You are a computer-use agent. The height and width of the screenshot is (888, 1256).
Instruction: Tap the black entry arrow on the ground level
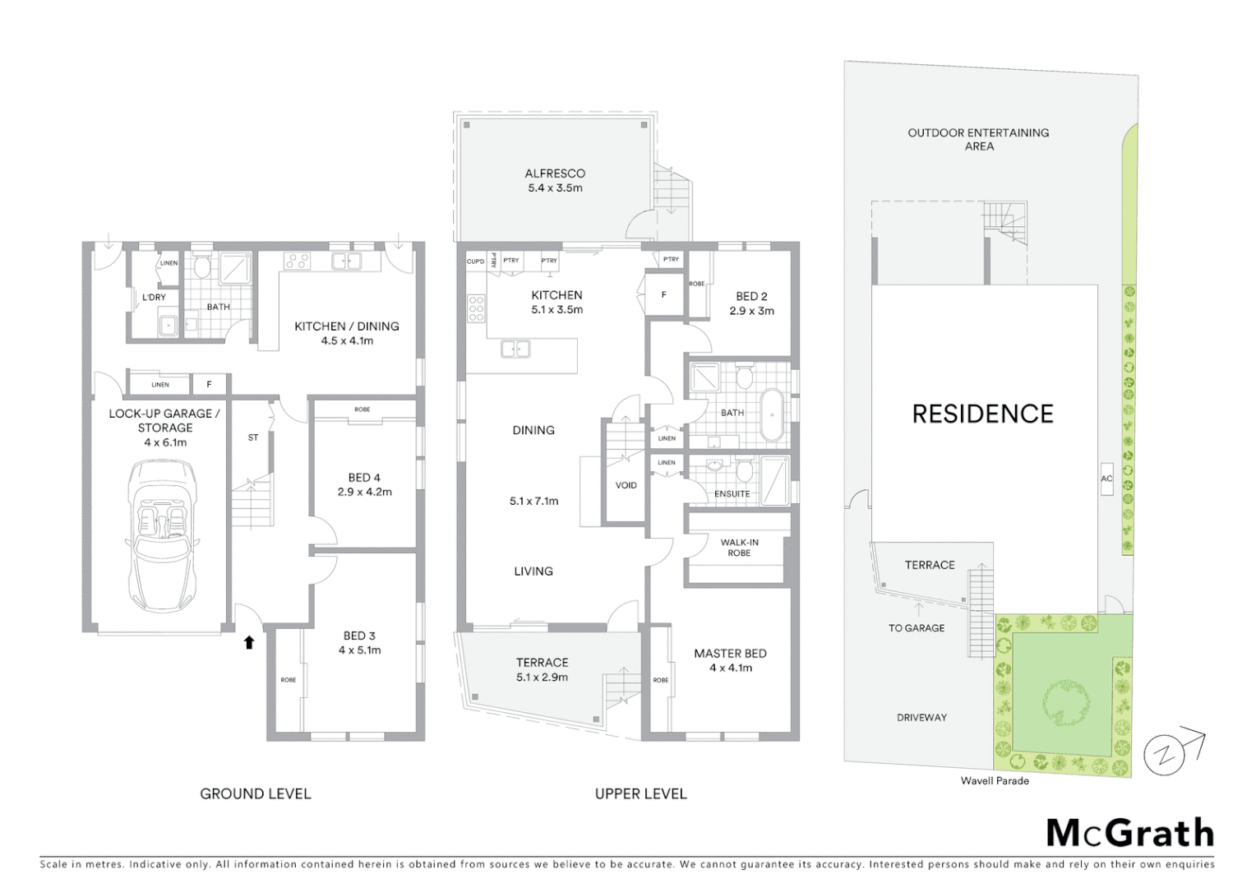point(248,641)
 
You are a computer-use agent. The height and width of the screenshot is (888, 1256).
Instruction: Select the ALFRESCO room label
point(555,173)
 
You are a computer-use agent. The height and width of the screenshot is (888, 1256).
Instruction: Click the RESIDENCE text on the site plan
point(982,414)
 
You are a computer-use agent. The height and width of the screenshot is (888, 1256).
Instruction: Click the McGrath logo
point(1129,833)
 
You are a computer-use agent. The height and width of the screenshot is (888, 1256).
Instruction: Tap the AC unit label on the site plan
point(1106,479)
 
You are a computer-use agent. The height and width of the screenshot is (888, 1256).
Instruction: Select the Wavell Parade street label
point(995,781)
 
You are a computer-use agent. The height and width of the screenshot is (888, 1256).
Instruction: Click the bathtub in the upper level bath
point(772,415)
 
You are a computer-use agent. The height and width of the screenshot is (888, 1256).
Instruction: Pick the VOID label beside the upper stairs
point(626,485)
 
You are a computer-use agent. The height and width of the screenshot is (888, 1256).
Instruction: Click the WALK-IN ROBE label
point(739,548)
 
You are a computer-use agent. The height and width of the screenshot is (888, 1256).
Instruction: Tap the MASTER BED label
point(730,654)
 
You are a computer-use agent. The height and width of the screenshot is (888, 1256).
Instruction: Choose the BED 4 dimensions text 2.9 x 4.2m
point(364,493)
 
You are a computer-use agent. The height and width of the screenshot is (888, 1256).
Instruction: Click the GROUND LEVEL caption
point(256,793)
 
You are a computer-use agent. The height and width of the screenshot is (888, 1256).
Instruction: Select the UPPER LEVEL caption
point(640,793)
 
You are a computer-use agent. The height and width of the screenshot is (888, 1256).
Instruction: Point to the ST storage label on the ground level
point(253,438)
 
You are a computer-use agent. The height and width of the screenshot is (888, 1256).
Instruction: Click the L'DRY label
point(154,297)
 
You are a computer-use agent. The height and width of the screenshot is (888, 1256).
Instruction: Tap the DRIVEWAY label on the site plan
point(921,718)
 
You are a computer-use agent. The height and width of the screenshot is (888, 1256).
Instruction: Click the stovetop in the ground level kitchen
point(296,261)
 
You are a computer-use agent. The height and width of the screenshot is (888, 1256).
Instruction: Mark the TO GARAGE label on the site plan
point(916,628)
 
